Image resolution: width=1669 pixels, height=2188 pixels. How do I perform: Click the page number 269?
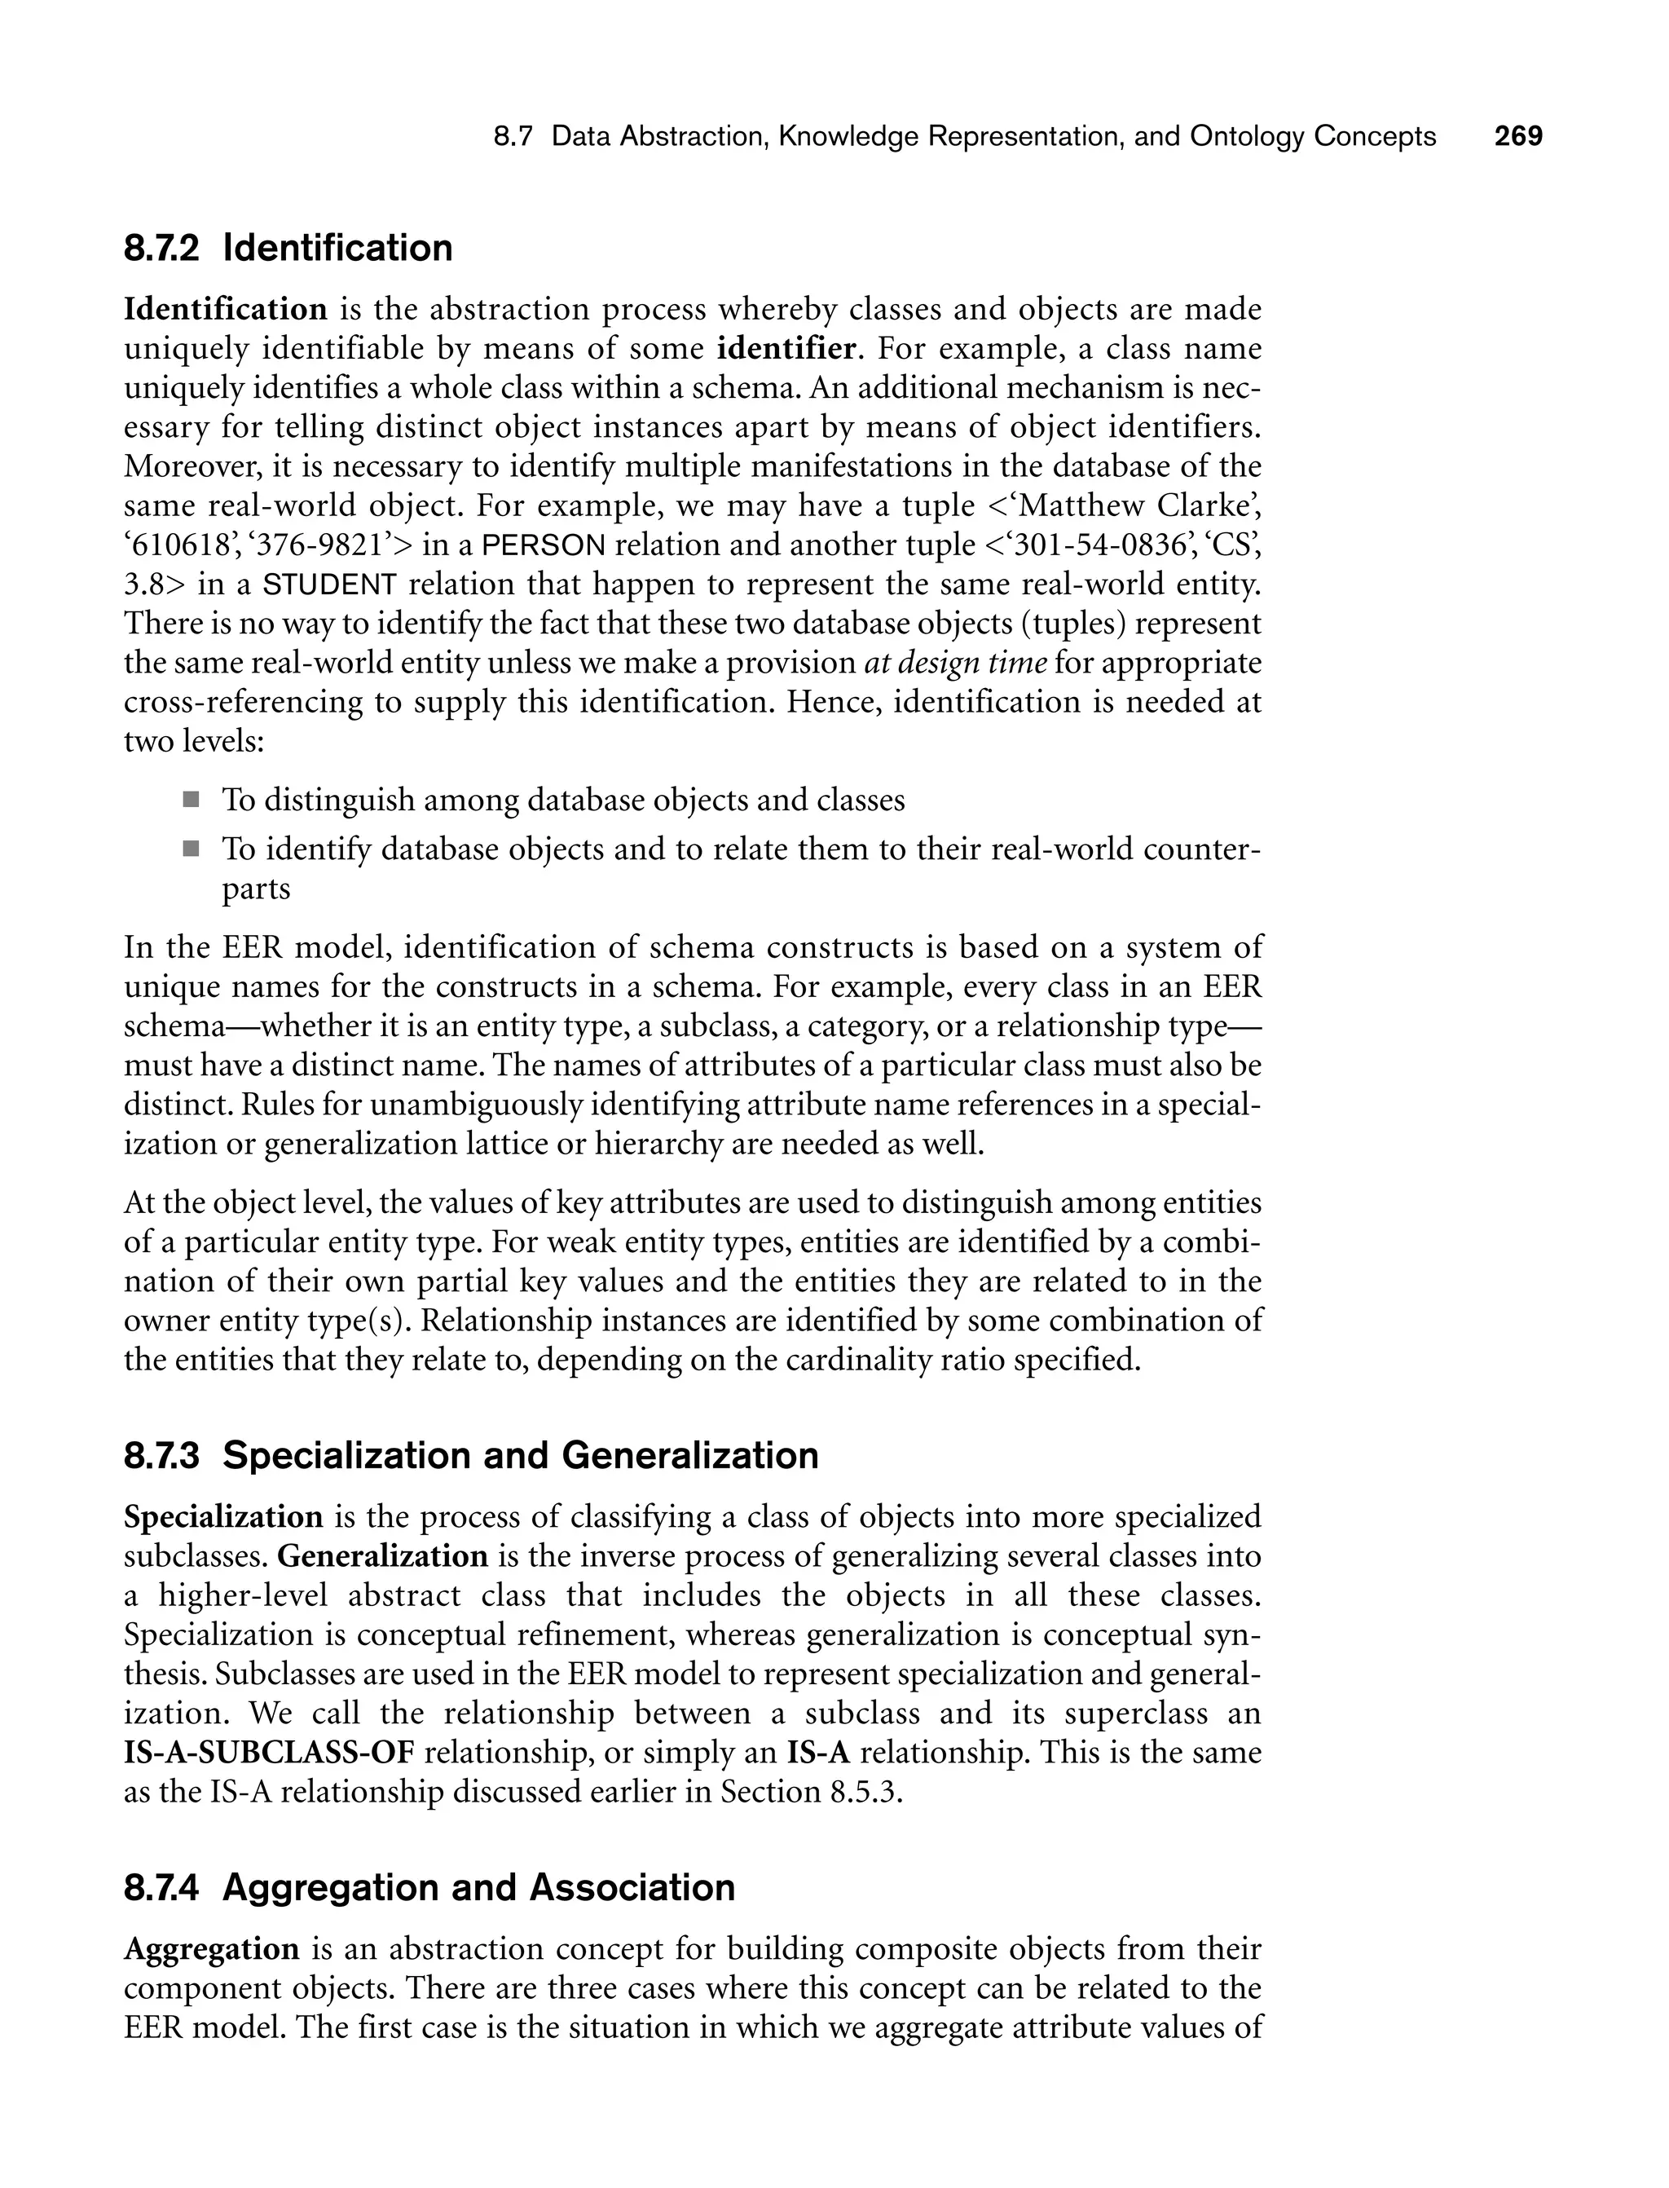pos(1518,136)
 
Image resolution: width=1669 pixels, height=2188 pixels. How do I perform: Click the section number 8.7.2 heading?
pos(161,249)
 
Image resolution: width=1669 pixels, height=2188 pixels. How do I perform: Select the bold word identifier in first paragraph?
pos(786,349)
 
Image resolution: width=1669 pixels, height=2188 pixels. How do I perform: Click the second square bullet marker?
pos(190,849)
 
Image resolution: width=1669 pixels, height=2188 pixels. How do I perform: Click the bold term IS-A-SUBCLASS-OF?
pos(268,1752)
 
